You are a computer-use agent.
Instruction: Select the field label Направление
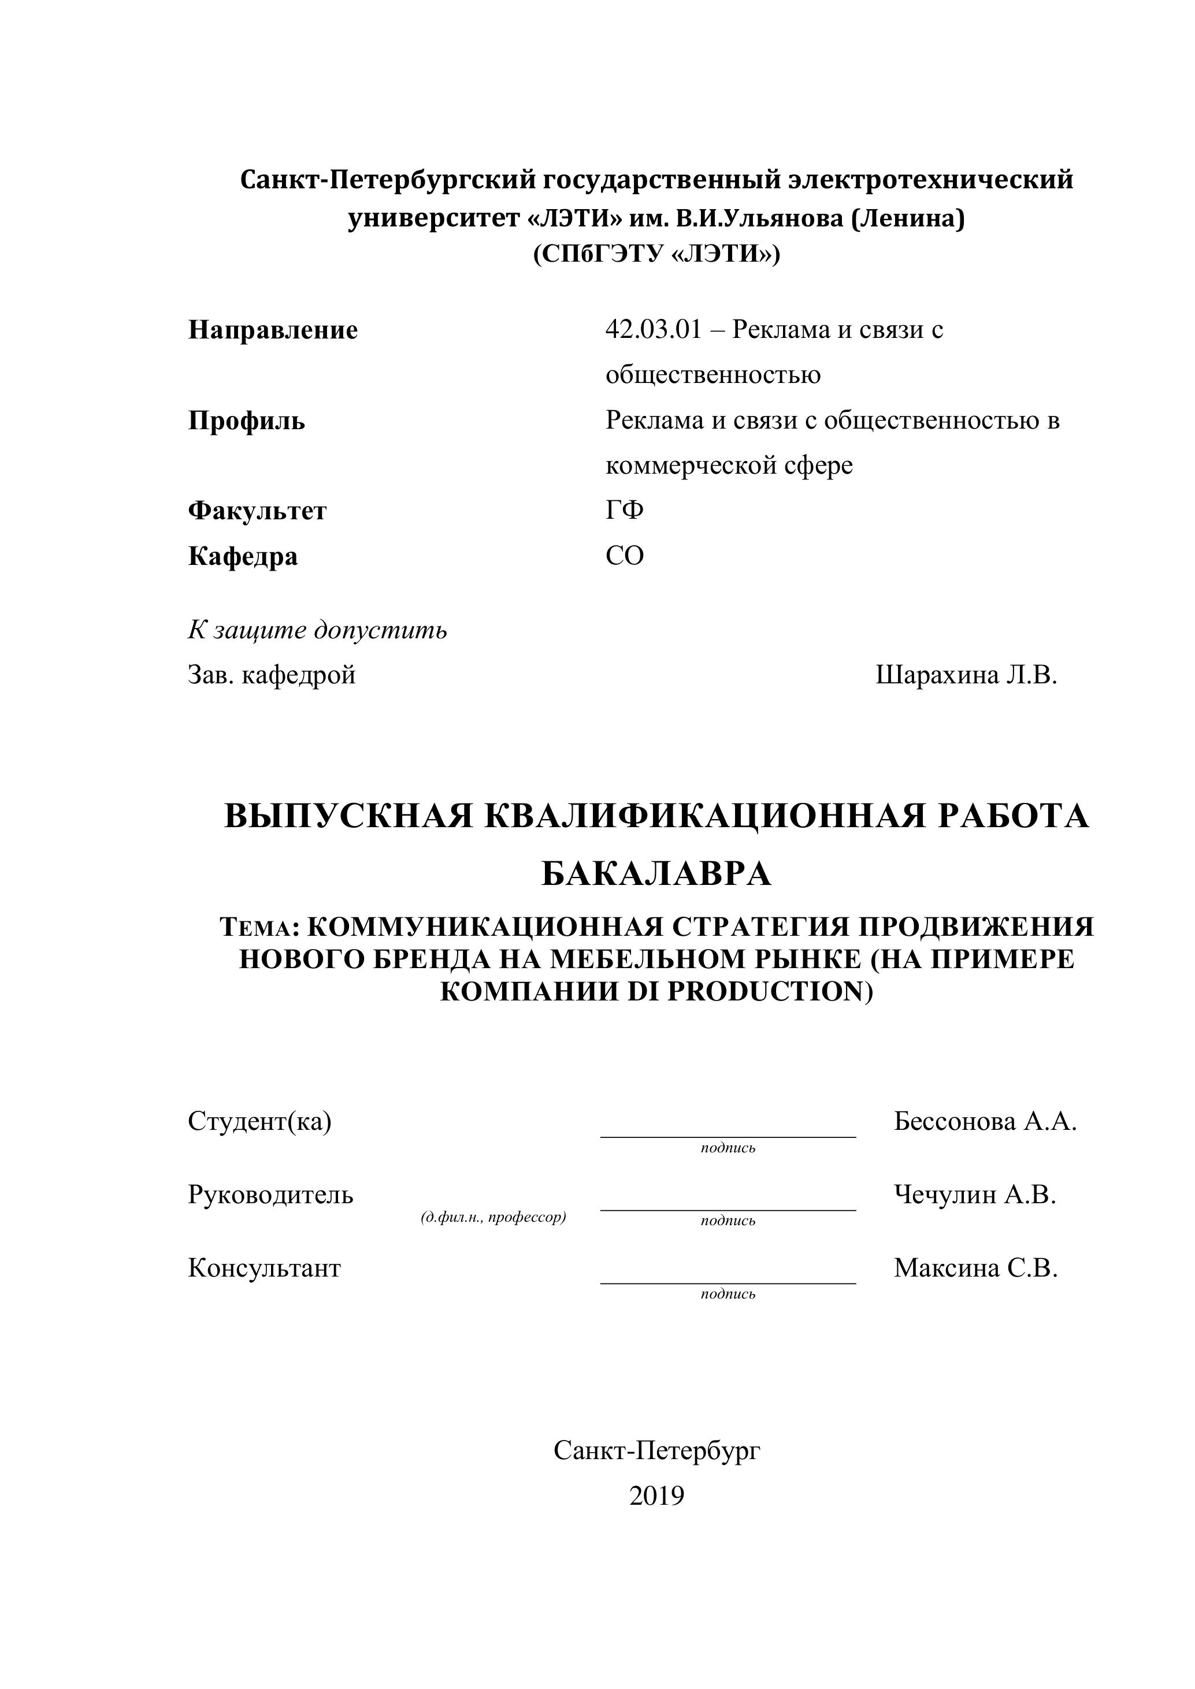273,330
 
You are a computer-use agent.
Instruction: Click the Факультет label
258,511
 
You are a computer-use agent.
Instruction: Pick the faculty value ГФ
625,510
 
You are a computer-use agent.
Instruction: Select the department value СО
625,556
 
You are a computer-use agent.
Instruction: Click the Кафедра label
243,556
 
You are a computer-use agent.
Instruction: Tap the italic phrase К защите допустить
317,630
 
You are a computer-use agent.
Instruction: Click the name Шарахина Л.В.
966,675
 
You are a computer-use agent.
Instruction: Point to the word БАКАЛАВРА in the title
656,874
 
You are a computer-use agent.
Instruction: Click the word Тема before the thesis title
255,928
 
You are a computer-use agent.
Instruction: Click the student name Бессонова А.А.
985,1121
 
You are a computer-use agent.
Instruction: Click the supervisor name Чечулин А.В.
975,1195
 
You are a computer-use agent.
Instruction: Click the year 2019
656,1495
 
